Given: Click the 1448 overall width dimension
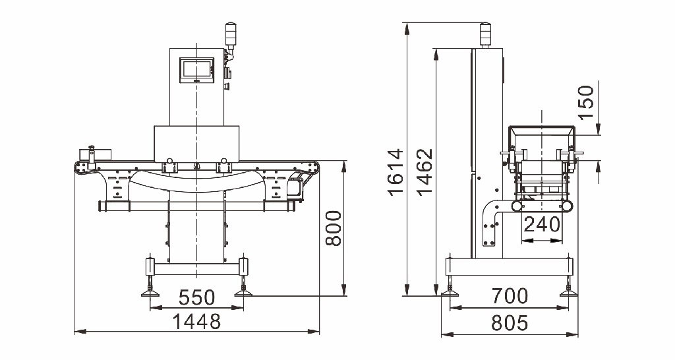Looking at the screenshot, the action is [196, 321].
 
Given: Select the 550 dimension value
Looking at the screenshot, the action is [196, 297].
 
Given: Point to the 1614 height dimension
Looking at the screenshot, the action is [396, 172].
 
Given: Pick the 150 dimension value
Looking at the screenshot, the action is [585, 102].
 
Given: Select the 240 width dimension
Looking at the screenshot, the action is [542, 224].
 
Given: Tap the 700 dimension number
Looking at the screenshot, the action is [510, 296].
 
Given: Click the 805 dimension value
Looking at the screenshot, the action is [510, 322].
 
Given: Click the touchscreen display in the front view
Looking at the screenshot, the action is [196, 70].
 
